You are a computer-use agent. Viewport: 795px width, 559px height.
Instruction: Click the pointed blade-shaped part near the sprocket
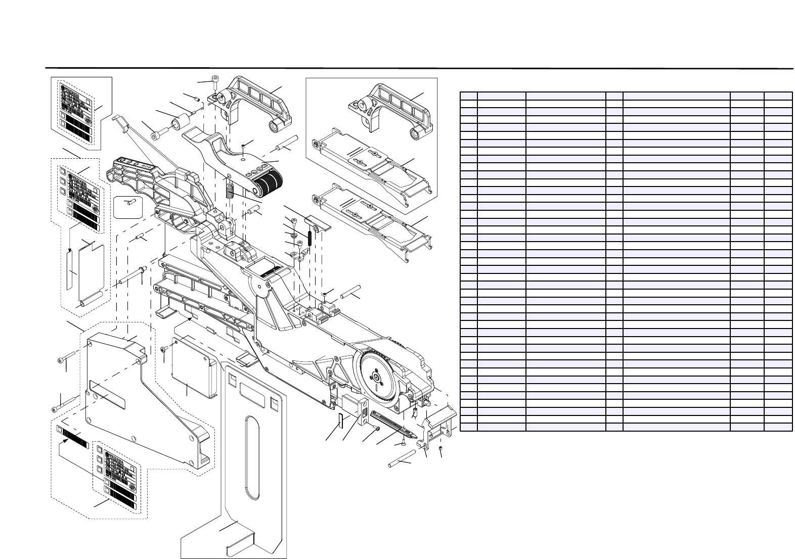[393, 424]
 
